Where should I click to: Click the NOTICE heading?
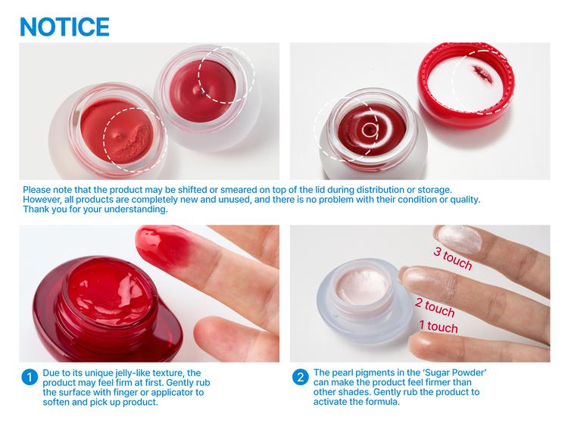click(64, 26)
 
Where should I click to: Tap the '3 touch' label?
click(452, 258)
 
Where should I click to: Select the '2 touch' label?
click(435, 306)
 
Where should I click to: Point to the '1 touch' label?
click(438, 328)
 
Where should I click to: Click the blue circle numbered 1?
click(28, 377)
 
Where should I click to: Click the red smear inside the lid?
click(481, 73)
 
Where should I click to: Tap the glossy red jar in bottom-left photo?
click(95, 303)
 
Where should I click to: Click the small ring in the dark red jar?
click(368, 130)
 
